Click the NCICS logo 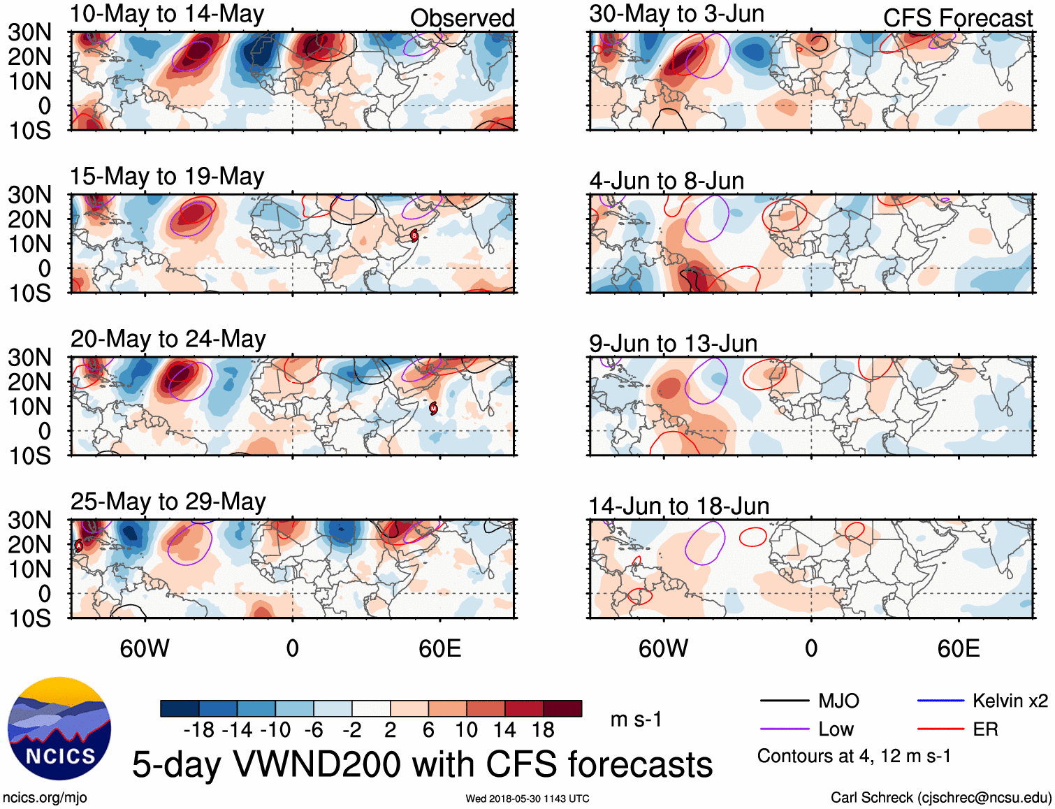click(x=59, y=729)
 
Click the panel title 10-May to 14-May click(x=167, y=14)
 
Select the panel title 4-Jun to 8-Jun click(x=667, y=181)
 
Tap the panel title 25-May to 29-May click(x=168, y=502)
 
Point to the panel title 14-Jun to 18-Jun click(x=678, y=506)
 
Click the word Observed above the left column click(x=462, y=18)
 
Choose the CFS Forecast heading click(x=957, y=18)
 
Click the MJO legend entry click(x=838, y=701)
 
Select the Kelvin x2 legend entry click(x=1010, y=701)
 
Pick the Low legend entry click(x=836, y=729)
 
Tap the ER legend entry click(x=985, y=729)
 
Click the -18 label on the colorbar click(x=199, y=730)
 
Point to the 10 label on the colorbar click(x=466, y=730)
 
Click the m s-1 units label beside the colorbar click(x=636, y=720)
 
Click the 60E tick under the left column click(x=439, y=648)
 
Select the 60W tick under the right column click(x=663, y=648)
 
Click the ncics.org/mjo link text click(x=45, y=798)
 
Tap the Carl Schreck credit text click(x=940, y=798)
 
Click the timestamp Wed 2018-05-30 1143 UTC click(x=527, y=799)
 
